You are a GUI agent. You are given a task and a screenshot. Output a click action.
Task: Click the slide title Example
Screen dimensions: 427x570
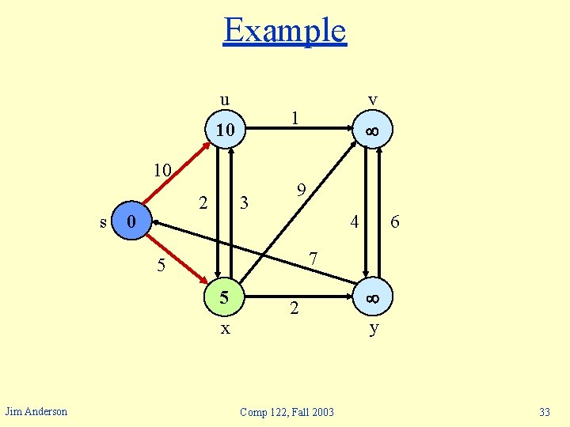(x=284, y=31)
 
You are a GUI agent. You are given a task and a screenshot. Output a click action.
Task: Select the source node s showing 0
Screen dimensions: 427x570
(x=132, y=221)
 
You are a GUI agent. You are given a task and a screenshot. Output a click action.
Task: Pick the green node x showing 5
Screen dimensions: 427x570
(x=225, y=298)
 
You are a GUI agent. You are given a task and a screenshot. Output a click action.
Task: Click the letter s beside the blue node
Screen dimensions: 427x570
(x=104, y=222)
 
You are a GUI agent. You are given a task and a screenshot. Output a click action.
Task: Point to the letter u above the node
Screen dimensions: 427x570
(x=225, y=100)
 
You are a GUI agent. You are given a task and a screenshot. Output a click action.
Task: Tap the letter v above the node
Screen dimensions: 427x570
(x=372, y=100)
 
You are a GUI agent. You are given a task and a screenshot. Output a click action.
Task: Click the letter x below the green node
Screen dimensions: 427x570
(x=225, y=327)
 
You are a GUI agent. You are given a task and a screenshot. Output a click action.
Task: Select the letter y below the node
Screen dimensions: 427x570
(x=374, y=327)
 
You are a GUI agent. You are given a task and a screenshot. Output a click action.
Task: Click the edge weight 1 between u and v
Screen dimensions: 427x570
(x=294, y=118)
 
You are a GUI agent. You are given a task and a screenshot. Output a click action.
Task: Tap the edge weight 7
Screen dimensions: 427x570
(x=313, y=259)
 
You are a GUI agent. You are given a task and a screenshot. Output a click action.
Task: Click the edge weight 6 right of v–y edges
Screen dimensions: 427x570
(x=394, y=224)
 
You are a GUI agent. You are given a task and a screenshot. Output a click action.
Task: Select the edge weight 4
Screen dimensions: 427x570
(x=355, y=223)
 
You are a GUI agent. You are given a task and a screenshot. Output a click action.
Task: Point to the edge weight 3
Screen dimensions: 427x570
(x=245, y=203)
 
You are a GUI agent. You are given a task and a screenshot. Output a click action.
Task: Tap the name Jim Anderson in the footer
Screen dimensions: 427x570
(x=36, y=410)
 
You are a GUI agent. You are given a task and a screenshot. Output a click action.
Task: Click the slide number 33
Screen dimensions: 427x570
(x=544, y=412)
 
